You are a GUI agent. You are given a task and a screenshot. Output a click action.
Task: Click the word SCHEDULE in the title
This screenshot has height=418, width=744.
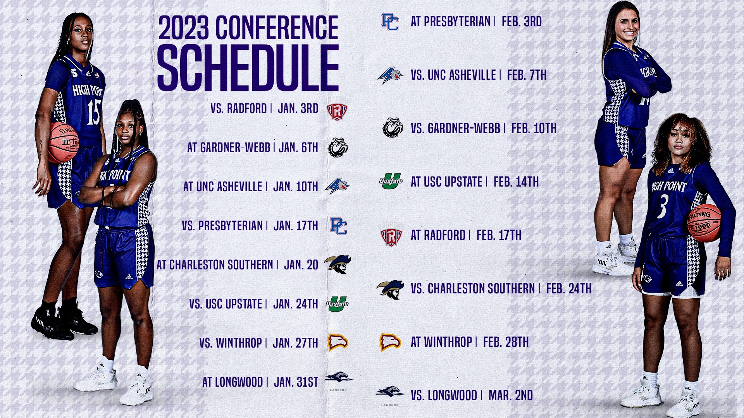click(x=248, y=68)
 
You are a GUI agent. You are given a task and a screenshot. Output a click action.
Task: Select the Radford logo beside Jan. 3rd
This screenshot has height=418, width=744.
click(x=337, y=111)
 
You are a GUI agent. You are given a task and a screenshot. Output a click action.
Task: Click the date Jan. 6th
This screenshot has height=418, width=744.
click(x=298, y=147)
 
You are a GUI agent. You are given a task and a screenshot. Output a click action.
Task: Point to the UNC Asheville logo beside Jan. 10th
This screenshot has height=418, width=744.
click(x=337, y=187)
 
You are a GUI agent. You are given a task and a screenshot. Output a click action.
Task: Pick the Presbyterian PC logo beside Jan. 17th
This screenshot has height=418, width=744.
click(x=338, y=226)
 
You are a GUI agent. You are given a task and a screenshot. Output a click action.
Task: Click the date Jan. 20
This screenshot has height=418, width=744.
click(x=301, y=265)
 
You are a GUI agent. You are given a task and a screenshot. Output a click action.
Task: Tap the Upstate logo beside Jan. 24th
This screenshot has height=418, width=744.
click(x=337, y=304)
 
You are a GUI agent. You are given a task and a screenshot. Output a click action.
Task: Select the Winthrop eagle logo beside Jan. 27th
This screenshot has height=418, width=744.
click(x=338, y=343)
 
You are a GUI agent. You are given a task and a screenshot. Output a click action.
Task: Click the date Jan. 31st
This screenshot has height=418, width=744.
click(x=296, y=382)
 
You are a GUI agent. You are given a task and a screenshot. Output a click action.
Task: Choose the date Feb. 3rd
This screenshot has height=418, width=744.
click(x=522, y=22)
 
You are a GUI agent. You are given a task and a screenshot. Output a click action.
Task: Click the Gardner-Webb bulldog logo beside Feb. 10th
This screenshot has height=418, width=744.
click(x=393, y=128)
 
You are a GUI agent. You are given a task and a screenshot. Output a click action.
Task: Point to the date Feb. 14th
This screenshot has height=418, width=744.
click(x=516, y=182)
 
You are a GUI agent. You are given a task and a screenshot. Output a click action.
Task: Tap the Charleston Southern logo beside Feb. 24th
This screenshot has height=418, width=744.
click(x=391, y=289)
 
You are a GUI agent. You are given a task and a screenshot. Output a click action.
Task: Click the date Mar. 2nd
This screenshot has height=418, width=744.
click(x=511, y=395)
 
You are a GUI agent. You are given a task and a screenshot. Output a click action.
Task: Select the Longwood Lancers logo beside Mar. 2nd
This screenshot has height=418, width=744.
click(x=390, y=392)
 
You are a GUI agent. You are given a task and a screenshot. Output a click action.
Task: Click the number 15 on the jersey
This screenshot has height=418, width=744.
click(x=93, y=112)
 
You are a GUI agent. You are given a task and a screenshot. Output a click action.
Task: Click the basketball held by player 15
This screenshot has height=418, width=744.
click(x=63, y=142)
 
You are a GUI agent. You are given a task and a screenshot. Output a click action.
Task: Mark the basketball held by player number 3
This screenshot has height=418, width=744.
click(x=704, y=223)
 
